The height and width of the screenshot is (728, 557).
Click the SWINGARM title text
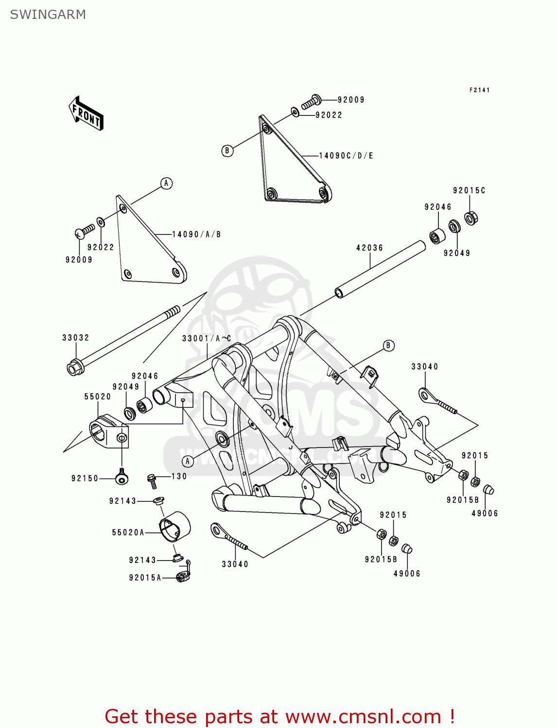click(48, 15)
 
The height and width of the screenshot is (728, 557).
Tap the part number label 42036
click(369, 248)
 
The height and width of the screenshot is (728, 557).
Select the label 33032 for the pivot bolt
click(75, 338)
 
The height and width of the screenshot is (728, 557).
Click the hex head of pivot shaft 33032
click(74, 368)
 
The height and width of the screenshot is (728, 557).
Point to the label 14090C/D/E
click(346, 156)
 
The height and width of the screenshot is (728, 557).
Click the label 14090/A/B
click(196, 234)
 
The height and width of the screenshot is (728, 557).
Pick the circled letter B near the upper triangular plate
click(227, 150)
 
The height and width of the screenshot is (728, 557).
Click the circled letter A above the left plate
click(166, 183)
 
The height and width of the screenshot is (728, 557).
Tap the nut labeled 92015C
click(470, 218)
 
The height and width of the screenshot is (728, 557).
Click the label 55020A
click(128, 532)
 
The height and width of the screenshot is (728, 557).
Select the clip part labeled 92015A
click(183, 577)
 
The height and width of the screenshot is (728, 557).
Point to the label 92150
click(85, 479)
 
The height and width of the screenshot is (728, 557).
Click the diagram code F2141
click(479, 90)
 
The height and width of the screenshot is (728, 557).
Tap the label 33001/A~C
click(207, 338)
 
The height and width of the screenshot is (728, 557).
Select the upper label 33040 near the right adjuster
click(424, 367)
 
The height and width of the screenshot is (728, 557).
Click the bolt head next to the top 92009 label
click(315, 100)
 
